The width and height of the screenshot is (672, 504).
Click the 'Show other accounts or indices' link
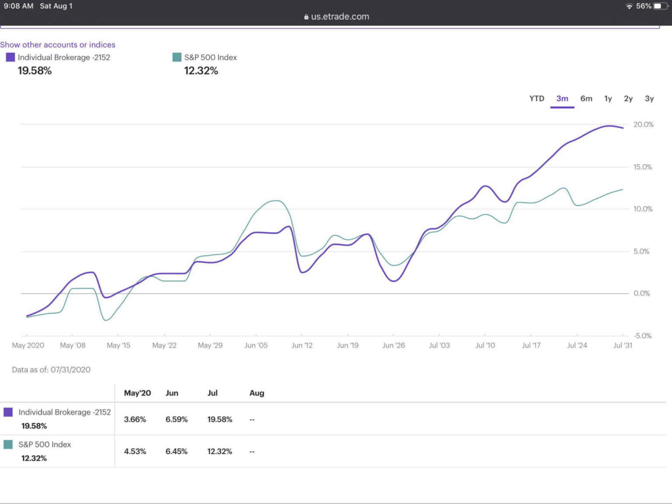click(58, 45)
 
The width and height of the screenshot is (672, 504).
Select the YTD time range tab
click(536, 99)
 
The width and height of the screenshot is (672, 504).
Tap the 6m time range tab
click(586, 99)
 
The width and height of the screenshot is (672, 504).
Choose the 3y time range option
click(649, 99)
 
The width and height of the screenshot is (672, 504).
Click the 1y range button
click(608, 99)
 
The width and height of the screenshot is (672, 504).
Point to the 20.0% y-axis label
click(643, 125)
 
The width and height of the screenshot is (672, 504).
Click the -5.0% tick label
click(643, 336)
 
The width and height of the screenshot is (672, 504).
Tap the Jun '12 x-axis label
click(302, 345)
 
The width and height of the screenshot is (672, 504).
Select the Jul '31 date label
click(622, 345)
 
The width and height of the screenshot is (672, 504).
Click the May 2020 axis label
click(28, 345)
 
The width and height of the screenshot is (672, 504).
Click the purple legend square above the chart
click(10, 57)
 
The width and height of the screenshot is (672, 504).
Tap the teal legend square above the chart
click(177, 57)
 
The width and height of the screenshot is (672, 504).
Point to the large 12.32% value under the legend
click(201, 71)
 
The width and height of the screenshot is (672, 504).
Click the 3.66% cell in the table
click(135, 419)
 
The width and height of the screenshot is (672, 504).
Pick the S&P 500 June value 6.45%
click(176, 451)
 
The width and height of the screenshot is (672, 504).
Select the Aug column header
click(257, 393)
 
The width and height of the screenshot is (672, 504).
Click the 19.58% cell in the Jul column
click(220, 419)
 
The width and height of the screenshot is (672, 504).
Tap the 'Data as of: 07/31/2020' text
click(51, 370)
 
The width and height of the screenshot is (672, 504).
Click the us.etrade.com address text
click(339, 17)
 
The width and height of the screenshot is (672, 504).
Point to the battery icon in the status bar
click(659, 6)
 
